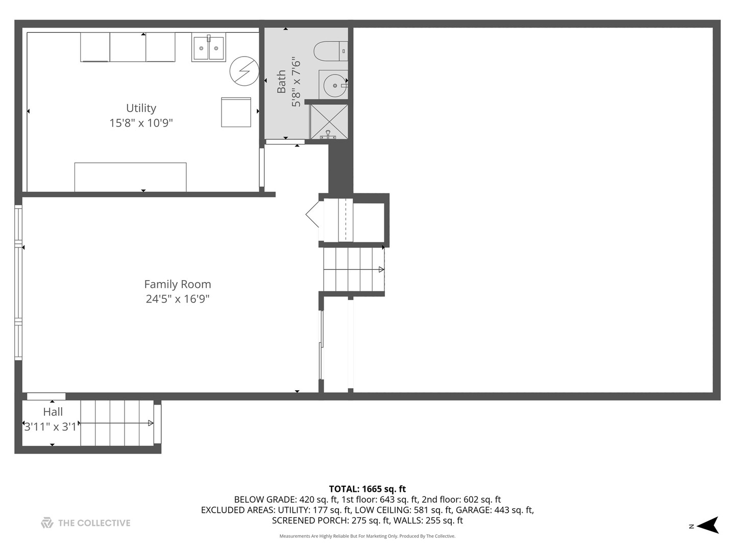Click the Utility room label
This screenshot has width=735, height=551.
pyautogui.click(x=141, y=108)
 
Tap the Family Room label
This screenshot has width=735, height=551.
pyautogui.click(x=177, y=284)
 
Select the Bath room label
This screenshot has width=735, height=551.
pyautogui.click(x=281, y=82)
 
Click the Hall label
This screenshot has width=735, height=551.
pyautogui.click(x=53, y=412)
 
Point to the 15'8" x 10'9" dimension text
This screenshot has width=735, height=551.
pyautogui.click(x=141, y=123)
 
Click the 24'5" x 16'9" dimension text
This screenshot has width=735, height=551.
pyautogui.click(x=177, y=299)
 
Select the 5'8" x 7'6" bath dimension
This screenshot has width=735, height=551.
pyautogui.click(x=296, y=82)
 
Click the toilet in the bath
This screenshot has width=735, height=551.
pyautogui.click(x=329, y=51)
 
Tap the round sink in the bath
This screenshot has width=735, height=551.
pyautogui.click(x=335, y=85)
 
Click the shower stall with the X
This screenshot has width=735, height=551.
pyautogui.click(x=329, y=121)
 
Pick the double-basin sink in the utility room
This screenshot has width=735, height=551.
pyautogui.click(x=208, y=48)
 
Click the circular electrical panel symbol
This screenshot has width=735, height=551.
pyautogui.click(x=244, y=71)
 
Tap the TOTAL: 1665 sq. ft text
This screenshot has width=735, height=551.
pyautogui.click(x=367, y=489)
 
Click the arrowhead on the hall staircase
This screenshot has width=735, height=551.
pyautogui.click(x=151, y=423)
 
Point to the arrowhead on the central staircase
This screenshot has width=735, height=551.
pyautogui.click(x=381, y=269)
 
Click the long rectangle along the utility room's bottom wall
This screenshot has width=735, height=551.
pyautogui.click(x=130, y=177)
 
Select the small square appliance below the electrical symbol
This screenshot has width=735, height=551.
pyautogui.click(x=236, y=112)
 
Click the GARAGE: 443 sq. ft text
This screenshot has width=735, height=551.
pyautogui.click(x=495, y=510)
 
